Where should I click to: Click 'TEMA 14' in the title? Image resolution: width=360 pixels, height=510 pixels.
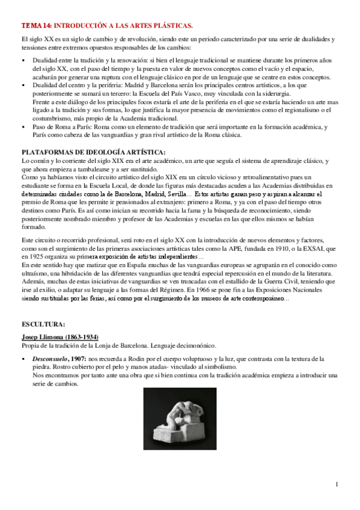tap(36, 25)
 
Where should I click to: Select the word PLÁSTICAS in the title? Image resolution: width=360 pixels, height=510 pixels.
tap(172, 25)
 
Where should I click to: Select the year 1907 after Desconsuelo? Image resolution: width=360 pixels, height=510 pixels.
tap(79, 359)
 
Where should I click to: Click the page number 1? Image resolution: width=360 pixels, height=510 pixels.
tap(337, 485)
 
